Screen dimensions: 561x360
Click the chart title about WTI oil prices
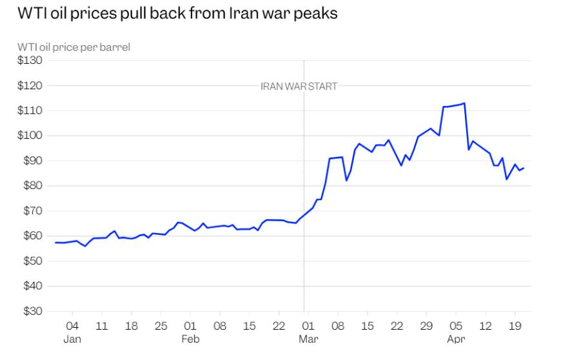[177, 14]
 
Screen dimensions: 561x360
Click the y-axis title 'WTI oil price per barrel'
[74, 47]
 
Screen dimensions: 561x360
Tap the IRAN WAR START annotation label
[299, 86]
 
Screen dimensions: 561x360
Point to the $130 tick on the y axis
[30, 60]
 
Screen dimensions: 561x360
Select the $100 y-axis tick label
[30, 135]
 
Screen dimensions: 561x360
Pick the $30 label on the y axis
[32, 311]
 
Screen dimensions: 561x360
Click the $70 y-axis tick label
[32, 211]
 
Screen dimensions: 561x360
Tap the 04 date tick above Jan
[72, 326]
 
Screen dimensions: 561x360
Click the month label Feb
[190, 339]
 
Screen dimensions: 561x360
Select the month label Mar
[308, 339]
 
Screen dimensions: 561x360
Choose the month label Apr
[456, 339]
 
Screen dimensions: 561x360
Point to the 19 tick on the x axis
[515, 326]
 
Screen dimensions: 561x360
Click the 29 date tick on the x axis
[426, 326]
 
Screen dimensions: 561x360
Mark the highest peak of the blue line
[464, 103]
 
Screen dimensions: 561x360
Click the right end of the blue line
[524, 168]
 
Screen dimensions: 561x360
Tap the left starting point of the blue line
[55, 243]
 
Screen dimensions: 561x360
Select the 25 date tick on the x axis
[161, 326]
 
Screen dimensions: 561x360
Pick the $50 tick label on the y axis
[32, 261]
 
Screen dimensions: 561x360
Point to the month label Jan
[72, 339]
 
